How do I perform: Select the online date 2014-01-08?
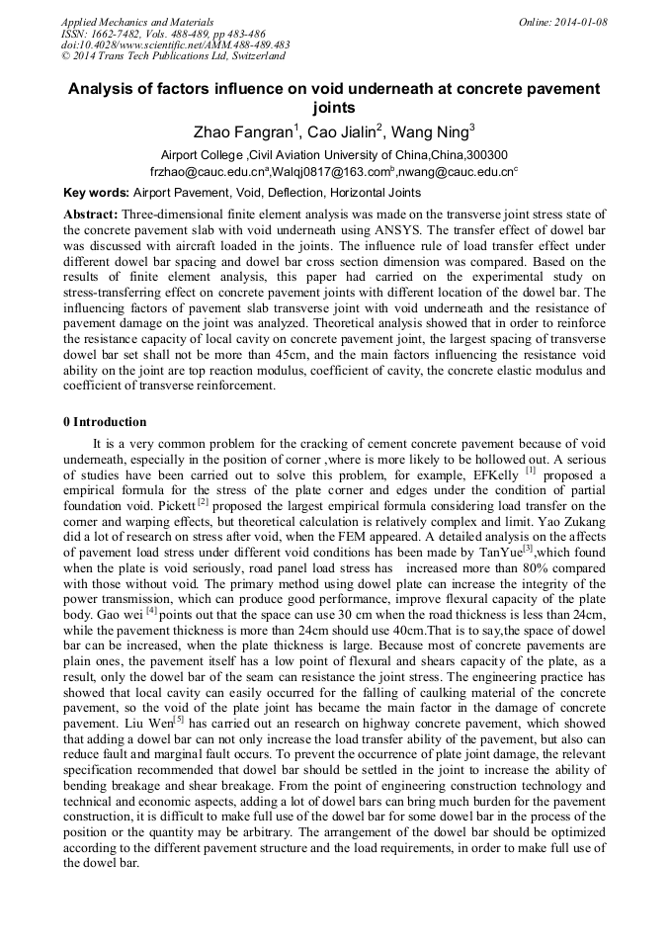point(577,22)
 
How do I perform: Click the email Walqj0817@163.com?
point(322,172)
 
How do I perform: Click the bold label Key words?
point(96,193)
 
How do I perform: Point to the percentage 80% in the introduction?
point(548,561)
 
